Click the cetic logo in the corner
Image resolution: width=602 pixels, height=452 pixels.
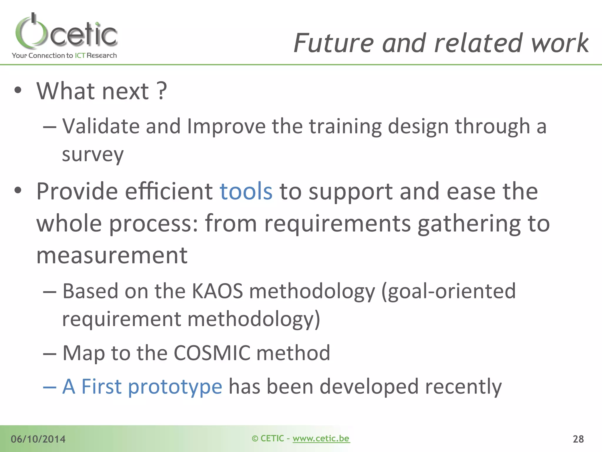coord(66,32)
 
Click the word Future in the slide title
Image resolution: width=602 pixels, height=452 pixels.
coord(334,43)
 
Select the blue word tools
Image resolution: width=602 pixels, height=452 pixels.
coord(246,191)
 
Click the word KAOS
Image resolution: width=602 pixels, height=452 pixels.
coord(217,291)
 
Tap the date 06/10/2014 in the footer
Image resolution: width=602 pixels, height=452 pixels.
coord(38,439)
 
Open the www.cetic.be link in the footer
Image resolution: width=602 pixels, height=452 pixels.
coord(321,438)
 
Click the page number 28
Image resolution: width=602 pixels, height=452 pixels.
coord(578,439)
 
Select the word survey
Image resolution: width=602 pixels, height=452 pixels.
coord(93,154)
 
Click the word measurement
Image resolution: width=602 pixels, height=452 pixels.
coord(112,255)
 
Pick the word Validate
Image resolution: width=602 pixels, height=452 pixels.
coord(101,126)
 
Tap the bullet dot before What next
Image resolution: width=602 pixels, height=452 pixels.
coord(18,90)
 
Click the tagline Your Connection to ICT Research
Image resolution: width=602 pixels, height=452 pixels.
coord(64,55)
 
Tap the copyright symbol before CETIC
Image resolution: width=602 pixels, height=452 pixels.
coord(255,439)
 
